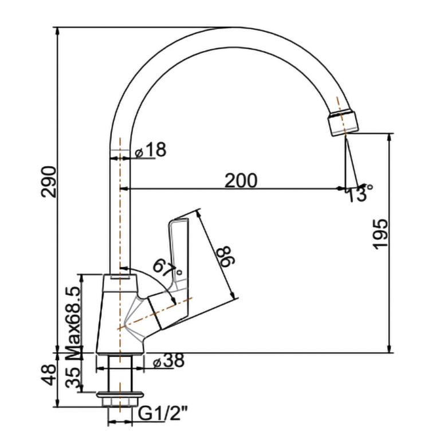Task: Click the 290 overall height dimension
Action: click(x=49, y=182)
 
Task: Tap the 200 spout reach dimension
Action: click(x=241, y=180)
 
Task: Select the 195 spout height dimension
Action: click(x=380, y=234)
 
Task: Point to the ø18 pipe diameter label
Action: click(x=151, y=150)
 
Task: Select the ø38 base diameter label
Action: click(x=168, y=360)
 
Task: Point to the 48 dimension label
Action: click(x=49, y=375)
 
